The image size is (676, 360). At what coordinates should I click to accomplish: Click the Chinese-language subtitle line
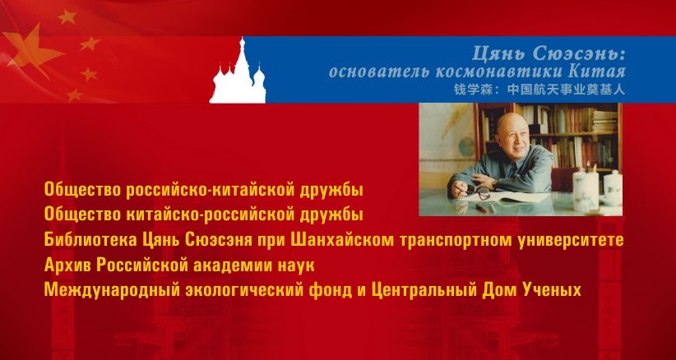click(x=539, y=89)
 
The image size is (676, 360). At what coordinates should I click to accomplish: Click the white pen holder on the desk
click(x=586, y=191)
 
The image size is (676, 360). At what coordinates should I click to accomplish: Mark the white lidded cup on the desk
click(x=613, y=187)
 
